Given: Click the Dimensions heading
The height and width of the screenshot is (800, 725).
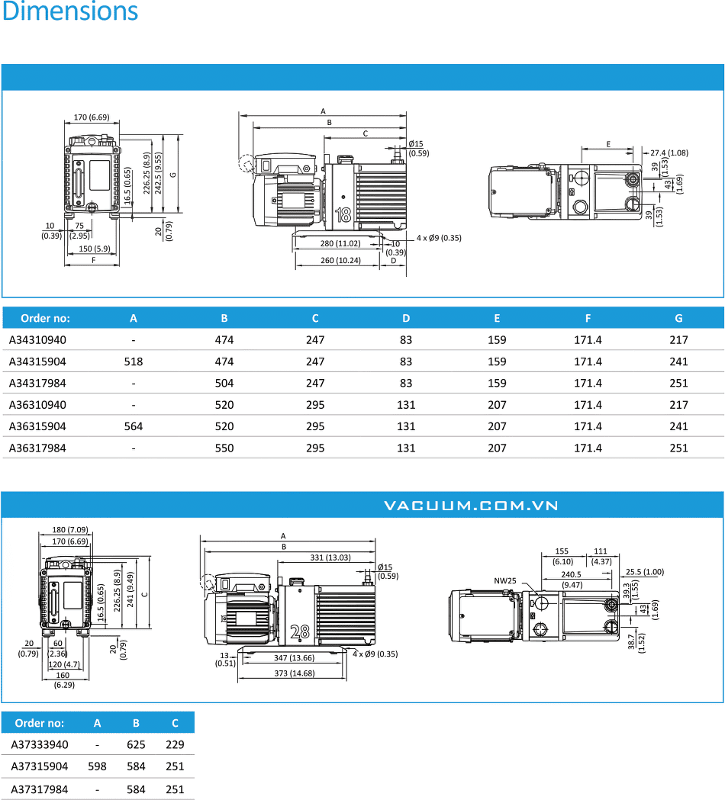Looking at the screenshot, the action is [x=70, y=11].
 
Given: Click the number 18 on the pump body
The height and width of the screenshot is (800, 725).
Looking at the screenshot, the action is [x=343, y=215].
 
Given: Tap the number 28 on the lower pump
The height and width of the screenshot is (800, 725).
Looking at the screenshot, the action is [x=300, y=632].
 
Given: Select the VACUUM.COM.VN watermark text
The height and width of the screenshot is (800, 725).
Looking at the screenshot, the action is [x=471, y=506].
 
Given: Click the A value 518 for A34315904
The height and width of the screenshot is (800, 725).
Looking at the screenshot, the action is [x=134, y=361].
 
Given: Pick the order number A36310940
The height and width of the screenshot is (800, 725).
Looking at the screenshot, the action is [x=37, y=405].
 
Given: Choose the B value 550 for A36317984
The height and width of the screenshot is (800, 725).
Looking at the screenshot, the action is [x=224, y=448].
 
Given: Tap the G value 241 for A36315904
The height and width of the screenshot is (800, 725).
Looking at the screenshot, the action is [x=678, y=426].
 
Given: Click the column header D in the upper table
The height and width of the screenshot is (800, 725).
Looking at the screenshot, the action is [x=406, y=318].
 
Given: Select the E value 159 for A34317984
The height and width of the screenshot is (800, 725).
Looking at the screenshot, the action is [x=497, y=383].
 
